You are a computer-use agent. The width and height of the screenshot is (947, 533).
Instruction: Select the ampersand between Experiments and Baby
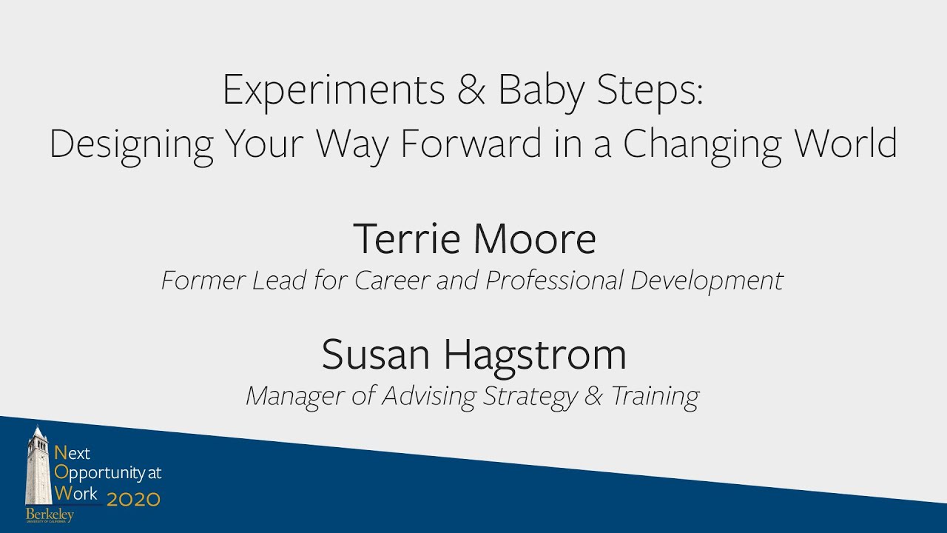coord(472,90)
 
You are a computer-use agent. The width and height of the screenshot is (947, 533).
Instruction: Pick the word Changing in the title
coord(701,145)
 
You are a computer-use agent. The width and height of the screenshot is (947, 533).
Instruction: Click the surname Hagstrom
coord(535,356)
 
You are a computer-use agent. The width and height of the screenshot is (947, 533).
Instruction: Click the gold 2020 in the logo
coord(133,499)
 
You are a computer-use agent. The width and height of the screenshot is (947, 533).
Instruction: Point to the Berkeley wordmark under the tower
coord(50,514)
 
